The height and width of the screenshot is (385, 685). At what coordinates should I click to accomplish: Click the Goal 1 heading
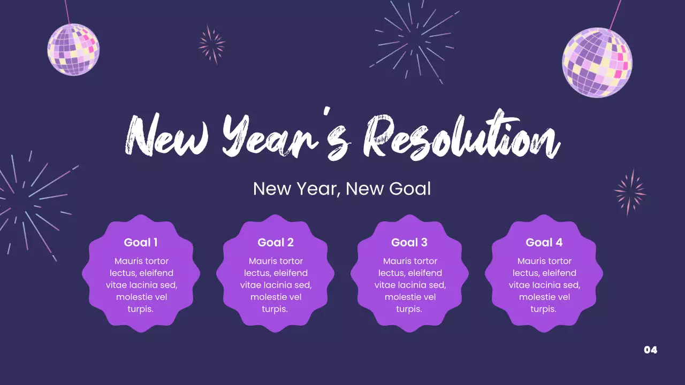pyautogui.click(x=141, y=242)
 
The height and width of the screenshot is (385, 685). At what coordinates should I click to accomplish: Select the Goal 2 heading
pyautogui.click(x=275, y=242)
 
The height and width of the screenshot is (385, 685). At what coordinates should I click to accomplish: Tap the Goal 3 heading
pyautogui.click(x=409, y=242)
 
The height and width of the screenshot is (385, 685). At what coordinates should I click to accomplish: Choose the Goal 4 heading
pyautogui.click(x=544, y=242)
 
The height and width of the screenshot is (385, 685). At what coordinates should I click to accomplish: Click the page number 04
pyautogui.click(x=650, y=350)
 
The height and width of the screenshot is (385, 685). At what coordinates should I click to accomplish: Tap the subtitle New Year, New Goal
pyautogui.click(x=342, y=189)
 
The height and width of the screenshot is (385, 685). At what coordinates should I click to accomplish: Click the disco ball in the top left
pyautogui.click(x=73, y=49)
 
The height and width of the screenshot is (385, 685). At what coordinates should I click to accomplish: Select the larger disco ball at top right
pyautogui.click(x=597, y=63)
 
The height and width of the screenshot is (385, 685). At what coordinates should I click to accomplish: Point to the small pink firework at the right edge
pyautogui.click(x=630, y=192)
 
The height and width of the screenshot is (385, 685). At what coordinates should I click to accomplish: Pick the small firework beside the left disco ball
pyautogui.click(x=212, y=44)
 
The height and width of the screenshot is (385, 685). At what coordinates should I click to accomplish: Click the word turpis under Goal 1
pyautogui.click(x=141, y=309)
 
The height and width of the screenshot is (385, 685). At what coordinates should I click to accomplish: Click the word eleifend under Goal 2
pyautogui.click(x=290, y=273)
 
